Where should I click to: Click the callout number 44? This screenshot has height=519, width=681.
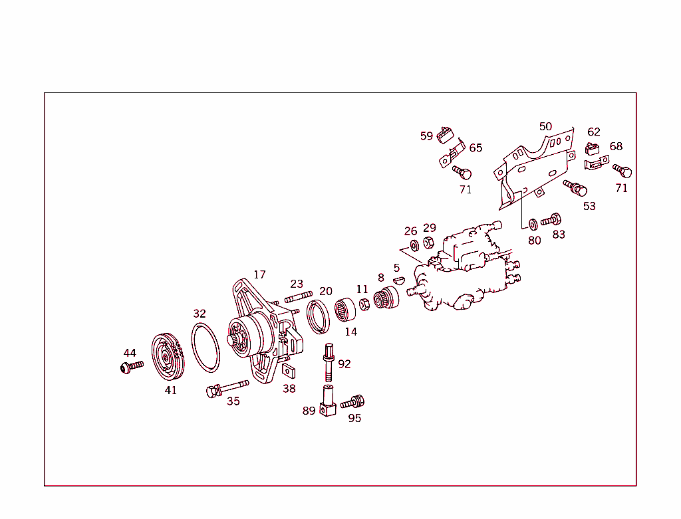point(130,353)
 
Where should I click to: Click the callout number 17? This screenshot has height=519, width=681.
point(259,274)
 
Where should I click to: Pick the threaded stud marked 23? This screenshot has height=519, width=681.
point(299,297)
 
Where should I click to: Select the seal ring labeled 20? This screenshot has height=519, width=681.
point(319,316)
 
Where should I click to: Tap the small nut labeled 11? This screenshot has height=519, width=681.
point(364,304)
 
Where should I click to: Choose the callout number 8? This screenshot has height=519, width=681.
point(380,278)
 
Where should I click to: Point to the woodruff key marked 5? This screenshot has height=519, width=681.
point(398,280)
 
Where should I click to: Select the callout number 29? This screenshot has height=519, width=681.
point(430,227)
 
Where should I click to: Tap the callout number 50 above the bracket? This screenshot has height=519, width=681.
point(545,126)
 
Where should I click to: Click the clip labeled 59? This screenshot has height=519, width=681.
point(444,138)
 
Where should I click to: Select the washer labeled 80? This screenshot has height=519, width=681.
point(533,223)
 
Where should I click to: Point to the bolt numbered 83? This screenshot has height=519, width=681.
point(552,219)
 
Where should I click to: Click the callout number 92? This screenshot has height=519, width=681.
point(344,363)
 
